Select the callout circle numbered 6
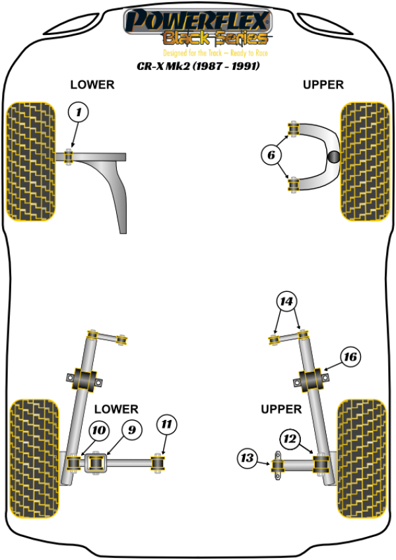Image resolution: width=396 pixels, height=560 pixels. [x=271, y=156]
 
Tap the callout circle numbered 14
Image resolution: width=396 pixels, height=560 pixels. [x=286, y=302]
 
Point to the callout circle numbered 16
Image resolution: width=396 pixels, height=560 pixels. [x=350, y=357]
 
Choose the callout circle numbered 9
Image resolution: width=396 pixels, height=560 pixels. [x=131, y=430]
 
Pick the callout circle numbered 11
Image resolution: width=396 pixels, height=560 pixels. [x=165, y=423]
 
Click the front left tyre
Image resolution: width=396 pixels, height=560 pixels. [x=31, y=161]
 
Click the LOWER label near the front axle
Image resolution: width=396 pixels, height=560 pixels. [x=92, y=85]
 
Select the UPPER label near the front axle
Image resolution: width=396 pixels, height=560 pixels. [x=323, y=85]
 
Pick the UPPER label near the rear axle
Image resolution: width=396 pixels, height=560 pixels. [x=280, y=409]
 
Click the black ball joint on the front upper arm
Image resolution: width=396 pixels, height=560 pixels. [x=335, y=157]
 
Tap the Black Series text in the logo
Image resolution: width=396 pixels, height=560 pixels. [x=216, y=38]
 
